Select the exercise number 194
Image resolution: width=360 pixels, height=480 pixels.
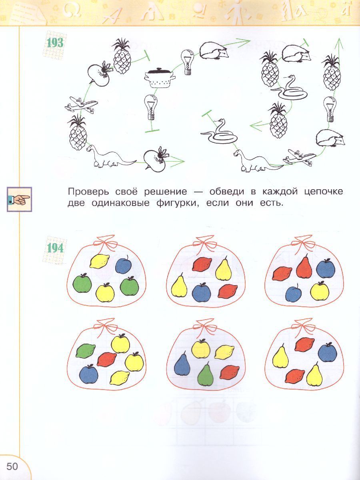55,248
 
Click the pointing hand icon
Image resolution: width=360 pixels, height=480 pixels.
19,199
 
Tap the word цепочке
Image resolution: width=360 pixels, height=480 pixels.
324,192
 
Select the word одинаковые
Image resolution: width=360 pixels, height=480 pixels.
121,203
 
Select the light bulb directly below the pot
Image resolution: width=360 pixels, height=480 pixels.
151,107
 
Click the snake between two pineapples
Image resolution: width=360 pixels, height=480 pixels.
289,88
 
